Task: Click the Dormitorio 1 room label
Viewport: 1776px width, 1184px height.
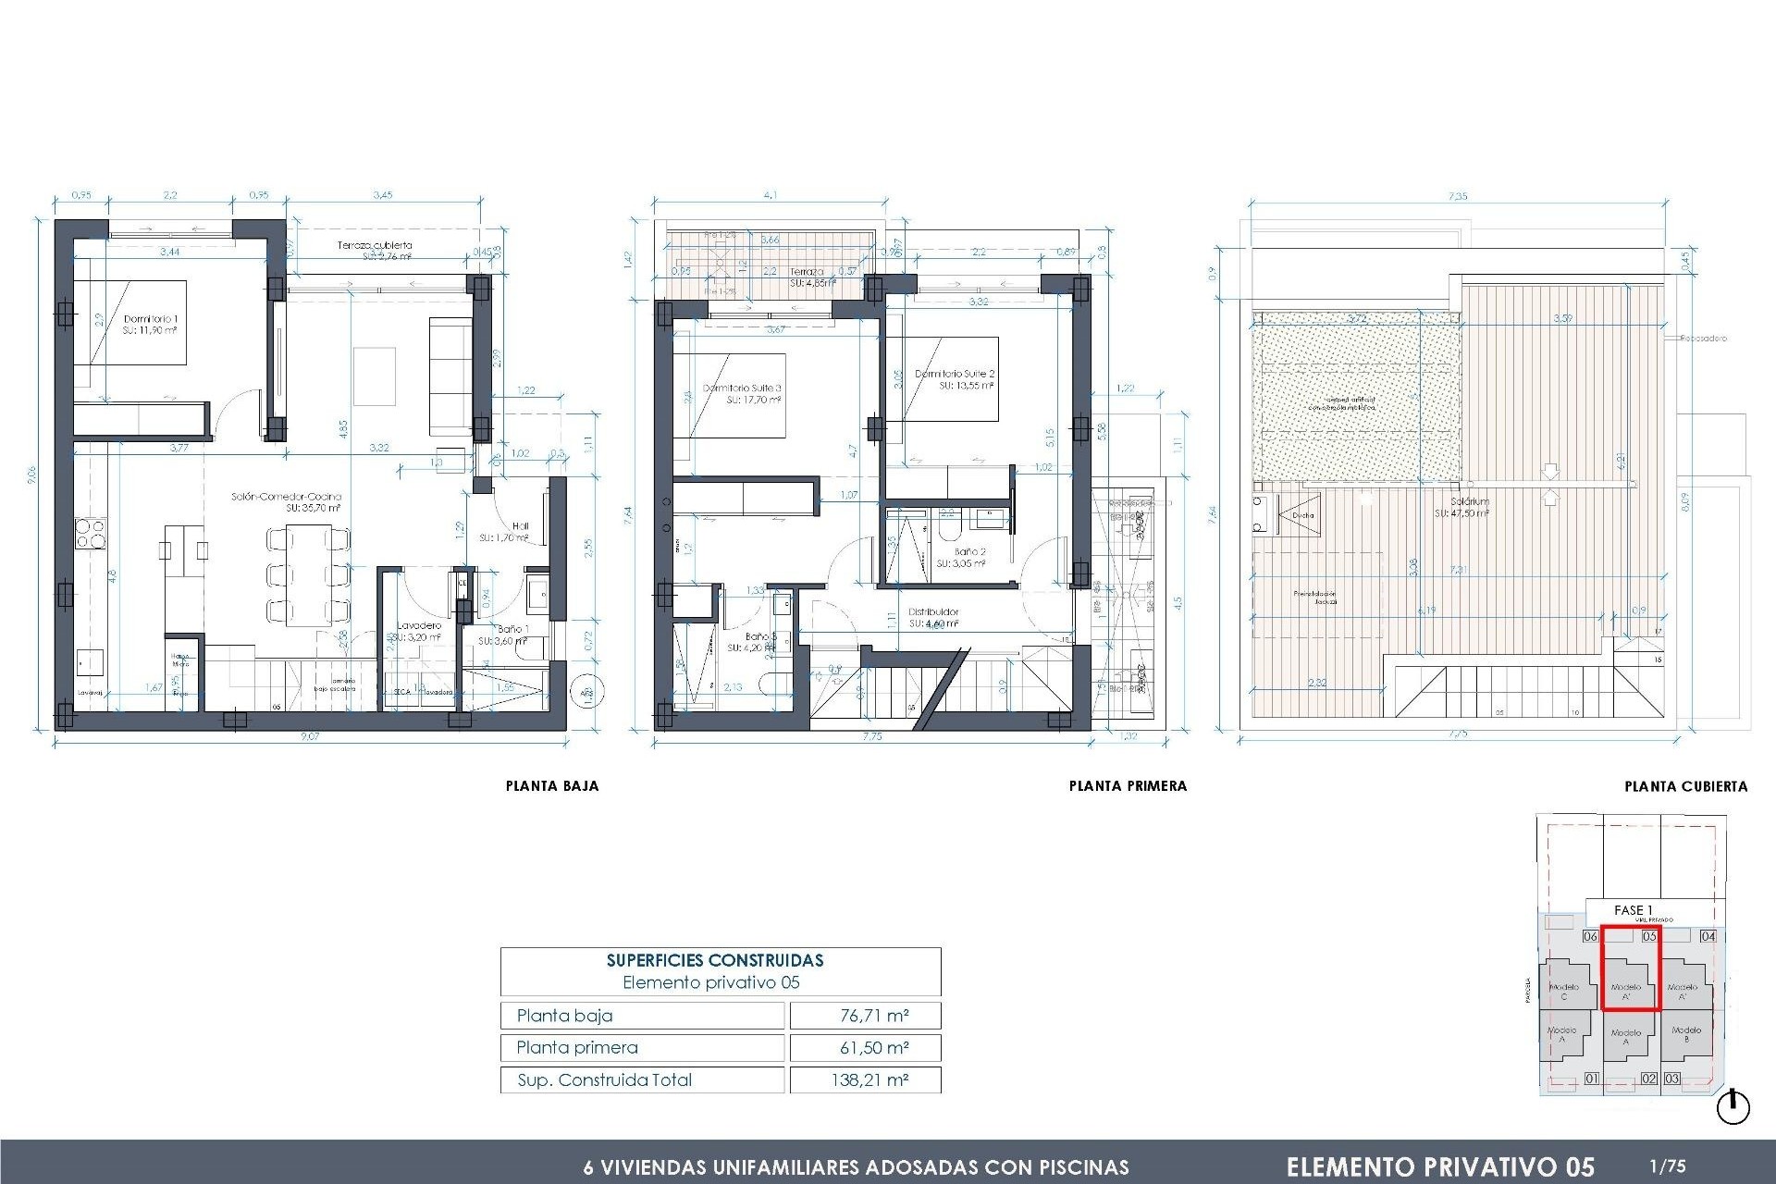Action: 150,319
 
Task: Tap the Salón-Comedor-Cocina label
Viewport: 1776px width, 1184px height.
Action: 286,497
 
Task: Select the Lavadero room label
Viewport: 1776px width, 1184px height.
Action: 419,625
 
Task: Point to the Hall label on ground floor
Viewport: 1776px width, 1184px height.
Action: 520,526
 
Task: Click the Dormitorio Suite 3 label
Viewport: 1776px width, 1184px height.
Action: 742,388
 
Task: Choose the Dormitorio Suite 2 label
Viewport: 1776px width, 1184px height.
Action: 955,374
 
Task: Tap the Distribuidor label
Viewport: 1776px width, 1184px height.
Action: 933,611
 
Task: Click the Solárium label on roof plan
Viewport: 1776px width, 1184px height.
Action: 1469,501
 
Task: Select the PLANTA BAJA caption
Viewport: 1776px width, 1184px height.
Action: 551,786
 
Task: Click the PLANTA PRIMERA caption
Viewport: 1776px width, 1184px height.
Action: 1127,786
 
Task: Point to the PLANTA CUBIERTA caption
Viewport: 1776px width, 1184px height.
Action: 1685,786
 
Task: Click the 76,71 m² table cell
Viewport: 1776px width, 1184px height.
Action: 873,1016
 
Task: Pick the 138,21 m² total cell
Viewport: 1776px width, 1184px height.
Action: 869,1079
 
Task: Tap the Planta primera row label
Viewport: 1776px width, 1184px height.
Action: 577,1047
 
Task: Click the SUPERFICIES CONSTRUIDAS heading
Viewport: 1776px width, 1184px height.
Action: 714,960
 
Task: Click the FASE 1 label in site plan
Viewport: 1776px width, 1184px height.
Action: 1633,910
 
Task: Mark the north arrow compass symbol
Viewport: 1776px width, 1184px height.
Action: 1733,1107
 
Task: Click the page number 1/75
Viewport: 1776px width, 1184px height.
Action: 1667,1166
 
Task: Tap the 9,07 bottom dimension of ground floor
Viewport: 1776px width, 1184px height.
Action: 310,736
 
